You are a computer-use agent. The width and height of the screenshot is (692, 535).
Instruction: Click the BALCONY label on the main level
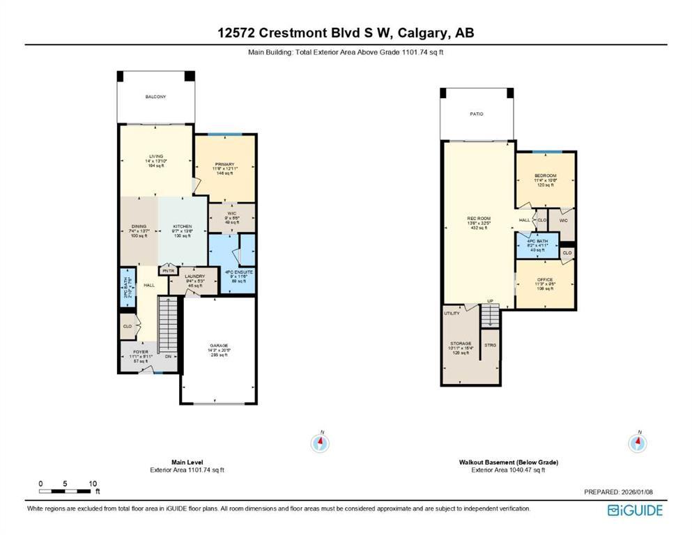(155, 97)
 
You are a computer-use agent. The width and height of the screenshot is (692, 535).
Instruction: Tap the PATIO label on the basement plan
(477, 114)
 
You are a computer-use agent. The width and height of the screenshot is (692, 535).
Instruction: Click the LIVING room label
(155, 157)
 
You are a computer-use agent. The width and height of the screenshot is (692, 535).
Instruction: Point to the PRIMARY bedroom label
(224, 164)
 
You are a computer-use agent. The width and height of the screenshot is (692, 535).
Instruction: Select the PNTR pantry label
(169, 271)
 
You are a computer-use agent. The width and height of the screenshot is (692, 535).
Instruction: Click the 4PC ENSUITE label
(238, 272)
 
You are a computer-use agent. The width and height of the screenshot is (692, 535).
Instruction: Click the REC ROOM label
(479, 219)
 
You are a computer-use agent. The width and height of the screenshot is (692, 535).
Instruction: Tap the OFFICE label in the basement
(545, 279)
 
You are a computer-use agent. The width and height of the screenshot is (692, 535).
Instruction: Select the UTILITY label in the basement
(452, 313)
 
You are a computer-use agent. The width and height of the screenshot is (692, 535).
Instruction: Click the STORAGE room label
(460, 343)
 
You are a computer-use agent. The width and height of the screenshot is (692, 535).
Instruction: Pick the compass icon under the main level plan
(321, 442)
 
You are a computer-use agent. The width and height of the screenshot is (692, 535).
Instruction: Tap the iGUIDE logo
(635, 511)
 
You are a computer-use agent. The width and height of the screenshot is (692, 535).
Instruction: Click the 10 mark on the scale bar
(93, 483)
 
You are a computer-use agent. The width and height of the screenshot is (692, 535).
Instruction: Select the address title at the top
(346, 32)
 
